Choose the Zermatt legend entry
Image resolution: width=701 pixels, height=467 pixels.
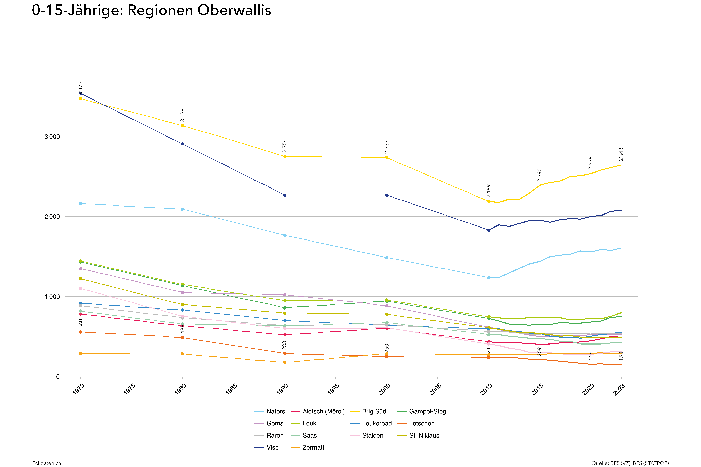[x=313, y=447]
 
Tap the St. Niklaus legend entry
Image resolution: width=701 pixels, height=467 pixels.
[x=424, y=435]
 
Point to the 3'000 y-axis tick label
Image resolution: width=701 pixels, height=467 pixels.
[x=52, y=137]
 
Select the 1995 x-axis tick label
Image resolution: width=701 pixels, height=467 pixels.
[x=334, y=389]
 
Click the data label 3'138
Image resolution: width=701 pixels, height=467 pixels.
[x=183, y=115]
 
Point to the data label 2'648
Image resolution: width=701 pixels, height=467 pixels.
[x=621, y=154]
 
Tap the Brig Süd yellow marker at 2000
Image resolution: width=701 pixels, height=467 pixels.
[x=387, y=158]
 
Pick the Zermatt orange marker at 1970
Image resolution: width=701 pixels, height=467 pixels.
[x=80, y=353]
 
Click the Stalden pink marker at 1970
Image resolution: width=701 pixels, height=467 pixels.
[x=80, y=289]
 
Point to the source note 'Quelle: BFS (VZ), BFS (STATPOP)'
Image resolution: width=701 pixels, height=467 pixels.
[x=630, y=463]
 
